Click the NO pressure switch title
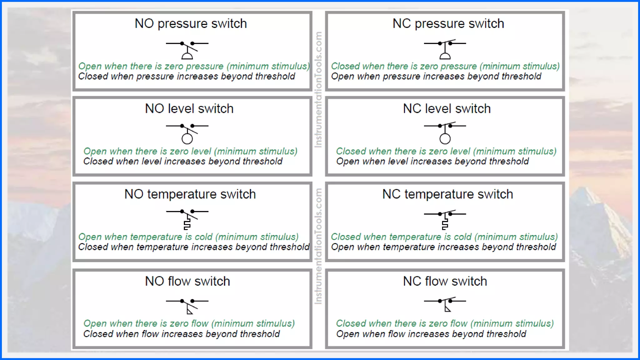click(x=191, y=24)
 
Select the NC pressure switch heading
click(x=448, y=24)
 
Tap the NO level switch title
click(x=189, y=109)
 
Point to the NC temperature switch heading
click(x=447, y=194)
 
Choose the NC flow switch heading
click(x=445, y=281)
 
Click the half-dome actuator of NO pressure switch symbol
click(x=187, y=56)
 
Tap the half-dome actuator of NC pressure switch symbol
click(x=445, y=56)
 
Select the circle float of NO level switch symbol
click(x=187, y=139)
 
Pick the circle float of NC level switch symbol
click(x=445, y=139)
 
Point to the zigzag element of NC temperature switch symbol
click(x=445, y=224)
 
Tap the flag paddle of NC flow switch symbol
click(x=447, y=309)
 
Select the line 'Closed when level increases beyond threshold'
click(x=183, y=162)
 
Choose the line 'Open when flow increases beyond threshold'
click(x=431, y=334)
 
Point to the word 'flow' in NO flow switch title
click(x=179, y=281)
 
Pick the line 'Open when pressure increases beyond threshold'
click(x=436, y=77)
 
